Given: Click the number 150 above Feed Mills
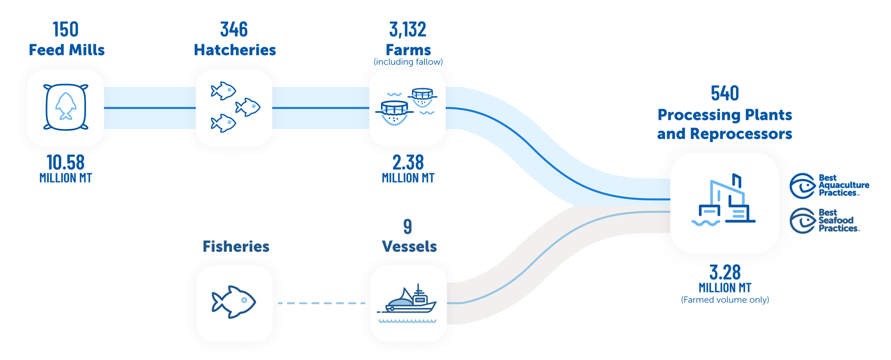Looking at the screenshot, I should (65, 29).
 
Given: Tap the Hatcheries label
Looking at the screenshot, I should (235, 50).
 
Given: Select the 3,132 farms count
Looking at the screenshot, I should (408, 29).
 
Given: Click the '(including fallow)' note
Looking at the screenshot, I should (408, 62).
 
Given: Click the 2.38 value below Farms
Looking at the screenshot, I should (408, 163).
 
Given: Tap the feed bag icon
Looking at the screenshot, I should (65, 107).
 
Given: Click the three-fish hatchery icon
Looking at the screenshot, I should (234, 107).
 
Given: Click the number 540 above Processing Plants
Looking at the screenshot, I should (724, 93).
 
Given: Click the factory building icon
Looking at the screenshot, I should (724, 202).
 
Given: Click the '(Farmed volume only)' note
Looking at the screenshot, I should (725, 300).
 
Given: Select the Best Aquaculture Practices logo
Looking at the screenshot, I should (829, 185).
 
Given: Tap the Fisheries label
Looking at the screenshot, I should (236, 246).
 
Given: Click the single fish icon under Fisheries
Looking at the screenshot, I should (233, 302).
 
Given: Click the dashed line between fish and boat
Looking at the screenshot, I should (321, 303).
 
